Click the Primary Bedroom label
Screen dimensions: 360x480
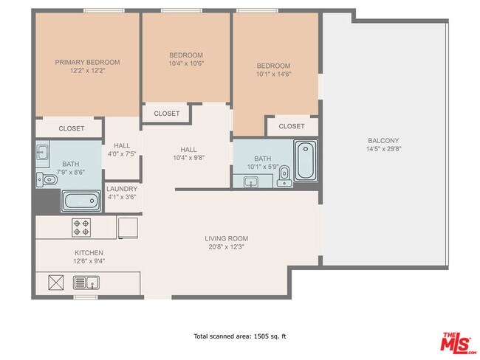pyautogui.click(x=87, y=62)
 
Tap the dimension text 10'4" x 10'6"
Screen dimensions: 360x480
pyautogui.click(x=186, y=63)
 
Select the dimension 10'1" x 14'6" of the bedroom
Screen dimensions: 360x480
pyautogui.click(x=273, y=74)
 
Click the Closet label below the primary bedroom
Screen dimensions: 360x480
pyautogui.click(x=71, y=128)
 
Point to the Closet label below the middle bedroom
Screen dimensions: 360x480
pyautogui.click(x=167, y=114)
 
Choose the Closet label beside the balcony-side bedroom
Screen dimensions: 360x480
pyautogui.click(x=292, y=126)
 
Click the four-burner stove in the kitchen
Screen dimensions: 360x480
pyautogui.click(x=81, y=227)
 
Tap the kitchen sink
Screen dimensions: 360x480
pyautogui.click(x=86, y=281)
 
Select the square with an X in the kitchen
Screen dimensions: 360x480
pyautogui.click(x=57, y=281)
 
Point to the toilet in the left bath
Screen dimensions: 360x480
pyautogui.click(x=49, y=179)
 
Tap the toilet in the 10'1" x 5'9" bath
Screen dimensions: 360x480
pyautogui.click(x=284, y=181)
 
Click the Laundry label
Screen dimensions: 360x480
pyautogui.click(x=123, y=189)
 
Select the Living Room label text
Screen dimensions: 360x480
pyautogui.click(x=227, y=238)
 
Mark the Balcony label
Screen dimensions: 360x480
pyautogui.click(x=383, y=140)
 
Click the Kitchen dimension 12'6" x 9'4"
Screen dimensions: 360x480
pyautogui.click(x=88, y=261)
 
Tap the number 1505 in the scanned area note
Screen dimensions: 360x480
pyautogui.click(x=259, y=336)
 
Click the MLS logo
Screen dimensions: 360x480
pyautogui.click(x=459, y=343)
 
